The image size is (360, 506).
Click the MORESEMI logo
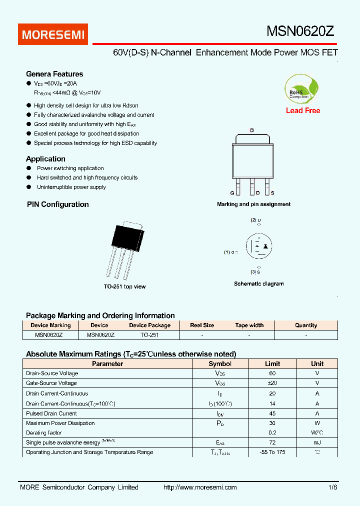click(x=54, y=34)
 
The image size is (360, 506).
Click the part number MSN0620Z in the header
click(x=300, y=32)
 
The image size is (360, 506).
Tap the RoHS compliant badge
click(x=301, y=89)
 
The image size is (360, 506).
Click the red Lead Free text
click(x=303, y=110)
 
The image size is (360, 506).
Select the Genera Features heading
click(x=54, y=74)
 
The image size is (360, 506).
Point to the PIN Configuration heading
click(x=57, y=204)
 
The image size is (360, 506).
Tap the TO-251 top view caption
click(x=124, y=286)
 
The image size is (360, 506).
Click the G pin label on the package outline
click(x=232, y=192)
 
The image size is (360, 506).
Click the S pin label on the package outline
click(x=272, y=192)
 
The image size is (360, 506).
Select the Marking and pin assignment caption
click(x=253, y=204)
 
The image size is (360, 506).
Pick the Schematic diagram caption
click(x=258, y=283)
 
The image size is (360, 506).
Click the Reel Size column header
click(x=202, y=325)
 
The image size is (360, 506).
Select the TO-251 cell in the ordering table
click(x=149, y=335)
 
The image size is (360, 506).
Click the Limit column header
click(x=272, y=363)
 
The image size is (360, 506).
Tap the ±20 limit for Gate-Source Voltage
click(x=272, y=383)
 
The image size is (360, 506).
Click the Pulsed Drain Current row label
click(x=51, y=413)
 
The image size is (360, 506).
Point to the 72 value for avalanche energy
click(x=272, y=442)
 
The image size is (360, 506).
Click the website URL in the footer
click(x=200, y=487)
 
